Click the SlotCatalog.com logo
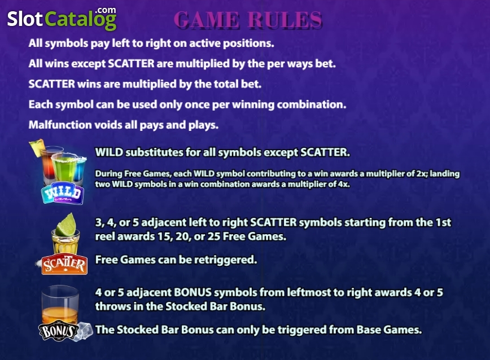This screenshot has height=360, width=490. [x=62, y=19]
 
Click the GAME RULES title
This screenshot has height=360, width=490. [x=248, y=20]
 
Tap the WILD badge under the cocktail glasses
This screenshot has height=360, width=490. [x=63, y=194]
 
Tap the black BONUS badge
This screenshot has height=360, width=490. [x=57, y=331]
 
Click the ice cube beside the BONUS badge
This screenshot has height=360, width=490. [x=85, y=330]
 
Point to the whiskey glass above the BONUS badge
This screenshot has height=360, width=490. [x=60, y=305]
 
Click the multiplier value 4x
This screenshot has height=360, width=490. [x=343, y=184]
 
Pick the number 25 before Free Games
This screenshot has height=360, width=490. [x=214, y=236]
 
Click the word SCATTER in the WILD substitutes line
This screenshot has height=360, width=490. [x=325, y=152]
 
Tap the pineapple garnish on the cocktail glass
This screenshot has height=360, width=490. [x=37, y=147]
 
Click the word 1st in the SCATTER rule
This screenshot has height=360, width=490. [x=442, y=223]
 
